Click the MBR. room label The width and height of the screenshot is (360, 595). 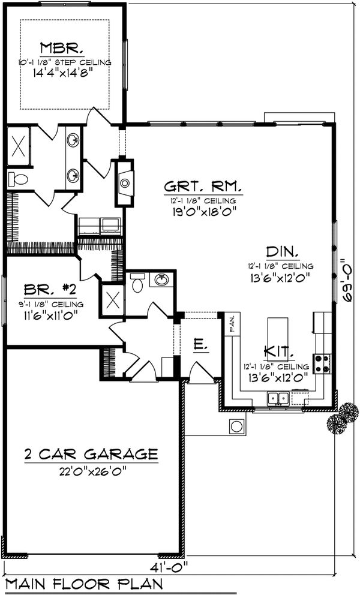tap(65, 48)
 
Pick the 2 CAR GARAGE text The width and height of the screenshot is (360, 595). tap(91, 453)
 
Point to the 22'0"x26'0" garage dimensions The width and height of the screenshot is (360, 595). tap(91, 471)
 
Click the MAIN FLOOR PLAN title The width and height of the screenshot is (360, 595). tap(83, 584)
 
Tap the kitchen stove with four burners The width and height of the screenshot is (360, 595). tap(321, 362)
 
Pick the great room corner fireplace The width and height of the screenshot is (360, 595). tap(124, 183)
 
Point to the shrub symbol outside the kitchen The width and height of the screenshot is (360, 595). tap(343, 417)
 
